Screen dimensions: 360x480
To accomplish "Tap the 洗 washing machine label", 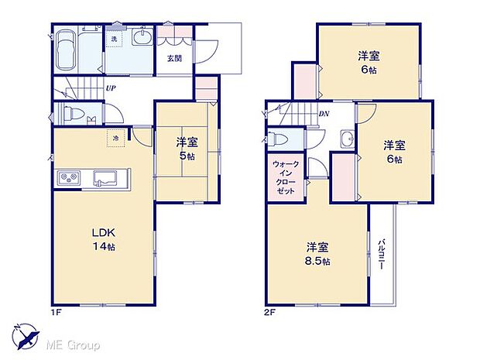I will pos(113,39).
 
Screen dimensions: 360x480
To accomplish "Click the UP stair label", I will pos(111,88).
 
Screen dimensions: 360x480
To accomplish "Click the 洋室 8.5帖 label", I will pos(317,255).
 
